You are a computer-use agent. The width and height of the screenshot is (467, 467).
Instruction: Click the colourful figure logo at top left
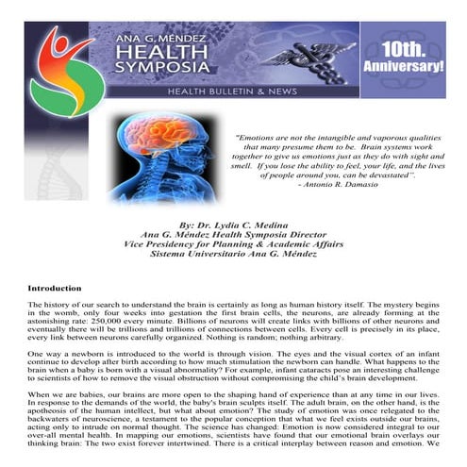[x=59, y=71]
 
